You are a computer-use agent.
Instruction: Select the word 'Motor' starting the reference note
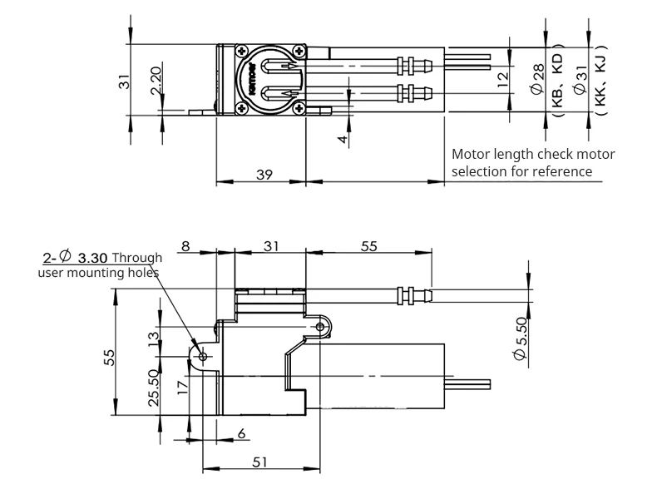[x=470, y=155]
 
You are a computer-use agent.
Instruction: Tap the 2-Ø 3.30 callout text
[x=75, y=257]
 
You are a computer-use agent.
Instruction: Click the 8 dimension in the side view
[x=185, y=246]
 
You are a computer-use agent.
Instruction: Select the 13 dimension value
[x=153, y=338]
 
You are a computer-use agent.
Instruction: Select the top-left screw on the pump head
[x=242, y=50]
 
